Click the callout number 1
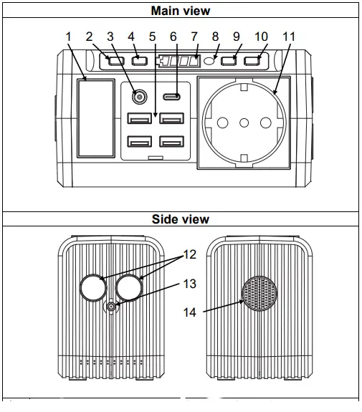(x=68, y=37)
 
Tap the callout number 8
(x=216, y=37)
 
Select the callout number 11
(x=289, y=37)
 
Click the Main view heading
(x=181, y=11)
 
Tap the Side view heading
(x=181, y=219)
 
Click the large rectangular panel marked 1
(x=95, y=118)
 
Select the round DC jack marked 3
(x=137, y=95)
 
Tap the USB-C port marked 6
(x=171, y=97)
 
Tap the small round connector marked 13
(x=111, y=307)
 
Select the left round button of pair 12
(x=92, y=287)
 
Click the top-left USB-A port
(x=138, y=118)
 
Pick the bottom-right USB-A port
(x=171, y=140)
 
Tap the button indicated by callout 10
(x=252, y=60)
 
